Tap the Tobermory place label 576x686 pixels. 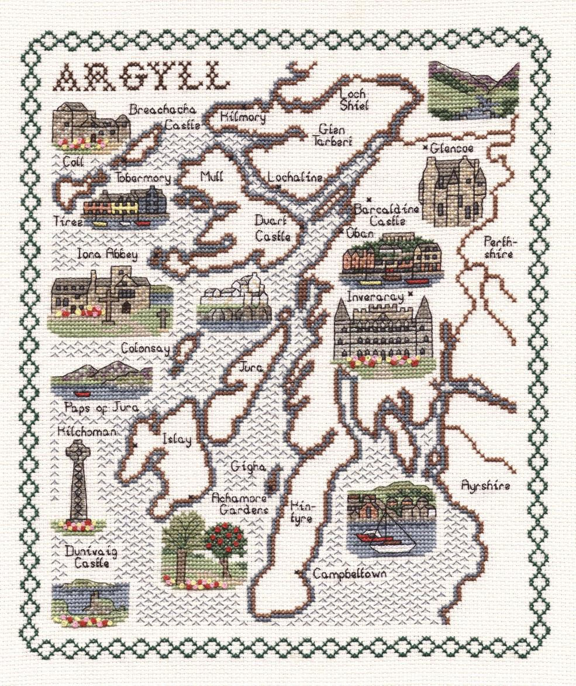click(143, 178)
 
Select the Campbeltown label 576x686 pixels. click(350, 574)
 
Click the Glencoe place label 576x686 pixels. click(451, 149)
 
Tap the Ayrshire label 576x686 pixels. click(485, 485)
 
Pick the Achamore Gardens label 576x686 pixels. click(240, 504)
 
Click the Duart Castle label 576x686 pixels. click(273, 229)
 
